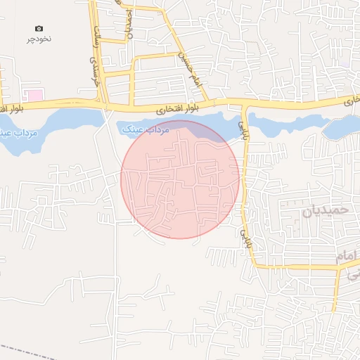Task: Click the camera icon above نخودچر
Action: pyautogui.click(x=39, y=27)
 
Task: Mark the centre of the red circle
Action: pyautogui.click(x=180, y=179)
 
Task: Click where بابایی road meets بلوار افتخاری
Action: pyautogui.click(x=244, y=106)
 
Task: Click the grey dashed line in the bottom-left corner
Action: pyautogui.click(x=21, y=349)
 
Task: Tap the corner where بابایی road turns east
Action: pyautogui.click(x=255, y=266)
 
